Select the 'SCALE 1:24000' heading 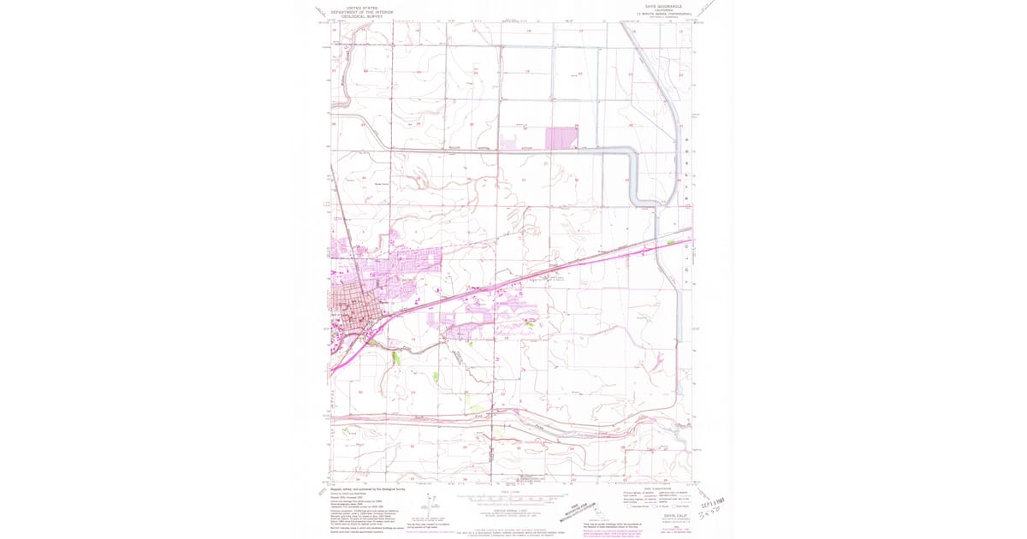510,491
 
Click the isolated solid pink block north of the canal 561,138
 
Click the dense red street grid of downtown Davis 351,304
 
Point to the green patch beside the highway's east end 671,243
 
